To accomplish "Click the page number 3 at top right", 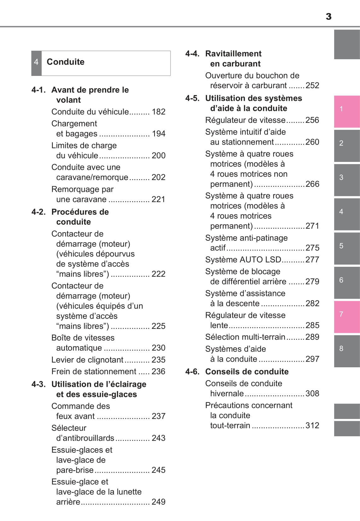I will click(x=328, y=16).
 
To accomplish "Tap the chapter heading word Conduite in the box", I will click(x=66, y=62).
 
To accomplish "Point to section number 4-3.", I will click(x=38, y=384).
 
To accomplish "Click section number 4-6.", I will click(x=192, y=372).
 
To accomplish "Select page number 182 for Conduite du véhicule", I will click(x=159, y=112).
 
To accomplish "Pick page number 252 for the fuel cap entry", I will click(x=312, y=85).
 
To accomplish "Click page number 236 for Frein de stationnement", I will click(x=159, y=372).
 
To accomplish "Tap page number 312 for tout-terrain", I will click(x=312, y=426).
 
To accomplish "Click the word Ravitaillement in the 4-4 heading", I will click(x=233, y=54).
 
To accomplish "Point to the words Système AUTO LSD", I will click(x=243, y=260).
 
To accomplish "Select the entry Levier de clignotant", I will click(x=87, y=360).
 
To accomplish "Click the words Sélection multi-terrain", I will click(x=245, y=337).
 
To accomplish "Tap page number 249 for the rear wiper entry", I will click(x=159, y=502).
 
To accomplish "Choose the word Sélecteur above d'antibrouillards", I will click(x=69, y=428).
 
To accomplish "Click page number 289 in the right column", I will click(x=312, y=337).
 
